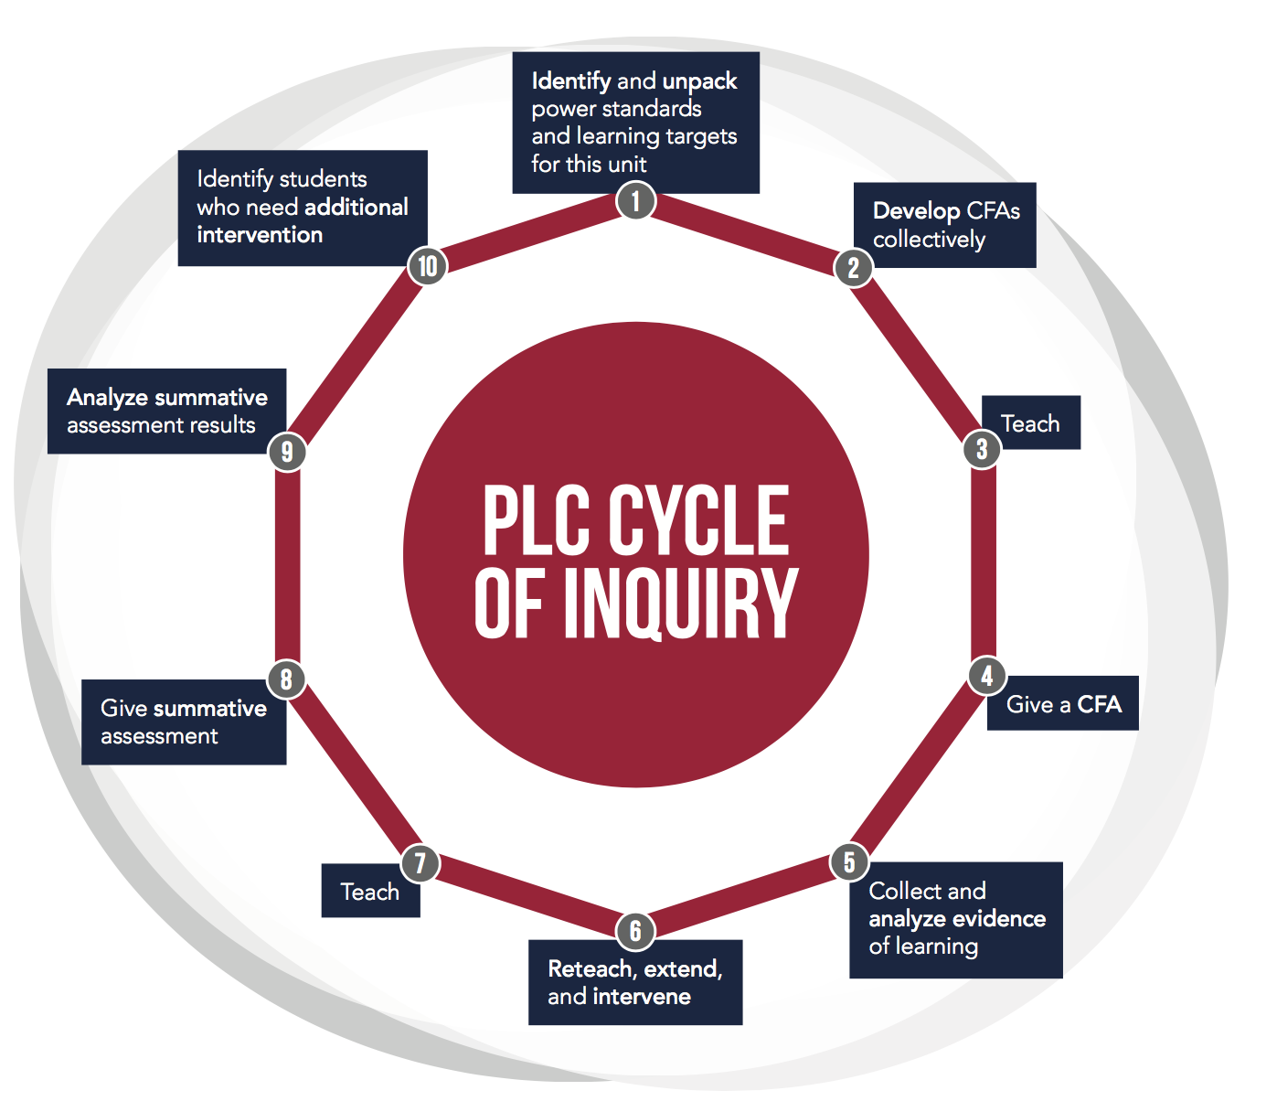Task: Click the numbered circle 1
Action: click(636, 200)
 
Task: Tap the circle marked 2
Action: click(853, 267)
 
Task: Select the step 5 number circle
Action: click(849, 861)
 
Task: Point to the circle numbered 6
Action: click(635, 931)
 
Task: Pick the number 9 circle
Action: click(287, 452)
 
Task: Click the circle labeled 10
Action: click(427, 266)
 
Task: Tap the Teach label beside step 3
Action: click(1030, 423)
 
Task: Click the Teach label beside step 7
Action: click(370, 892)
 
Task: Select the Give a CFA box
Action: click(1063, 704)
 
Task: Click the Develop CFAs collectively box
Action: click(945, 225)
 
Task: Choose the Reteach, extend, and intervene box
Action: click(635, 982)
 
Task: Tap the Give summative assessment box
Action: click(184, 722)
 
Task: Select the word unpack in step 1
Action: click(699, 81)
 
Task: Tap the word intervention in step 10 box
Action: click(260, 235)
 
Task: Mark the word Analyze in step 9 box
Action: click(107, 398)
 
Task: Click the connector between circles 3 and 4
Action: click(984, 562)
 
